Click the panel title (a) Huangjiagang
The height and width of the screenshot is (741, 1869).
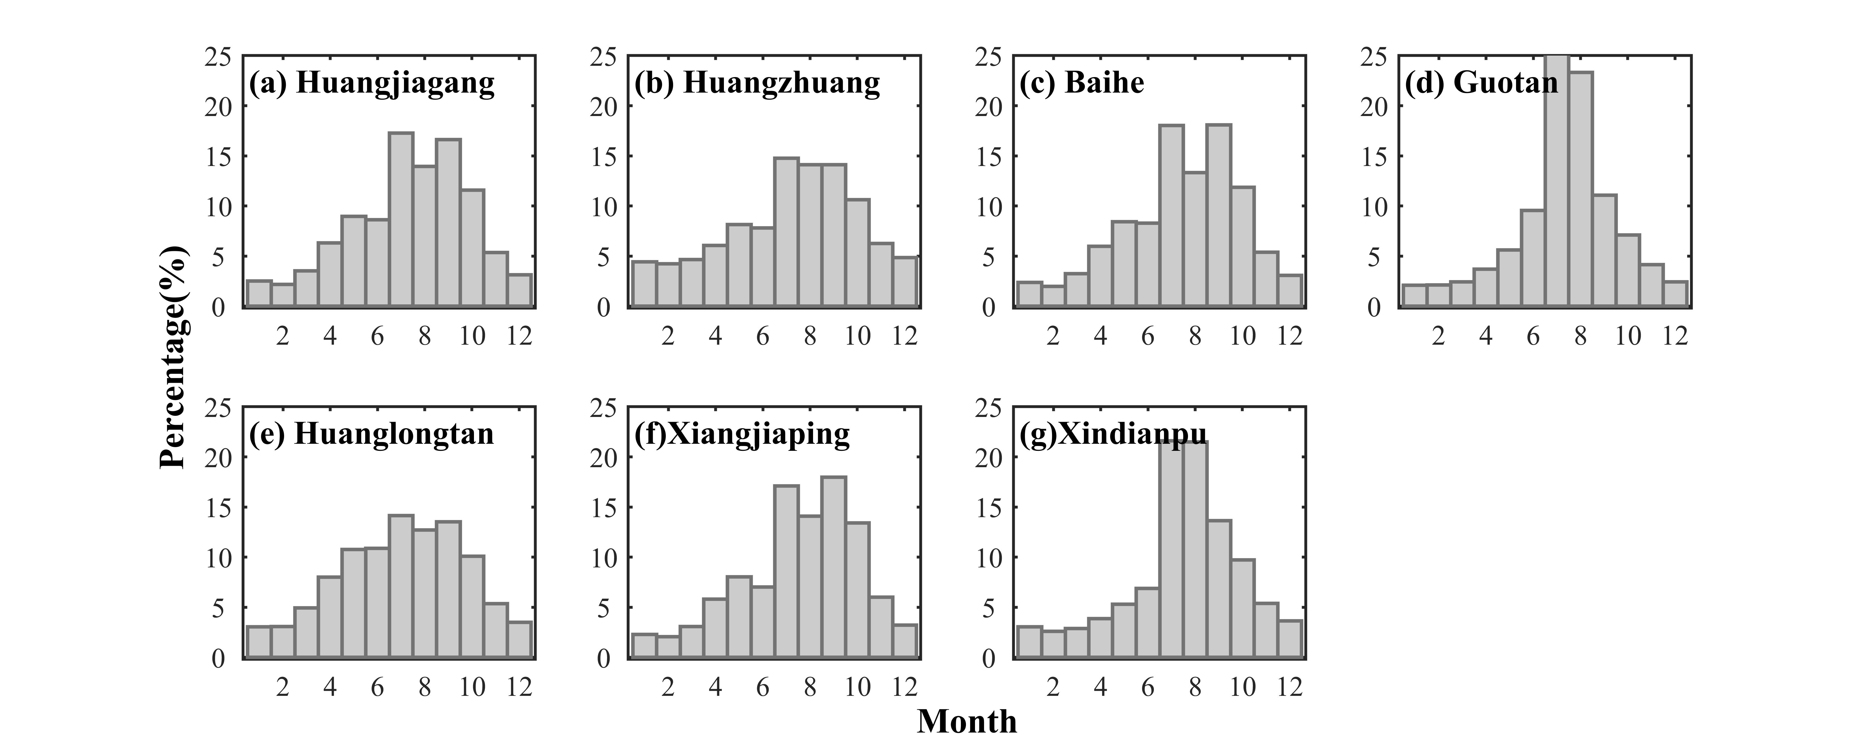tap(372, 83)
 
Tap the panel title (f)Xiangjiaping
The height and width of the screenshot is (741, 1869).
tap(741, 434)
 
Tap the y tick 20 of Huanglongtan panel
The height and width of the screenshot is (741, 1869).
tap(219, 458)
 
